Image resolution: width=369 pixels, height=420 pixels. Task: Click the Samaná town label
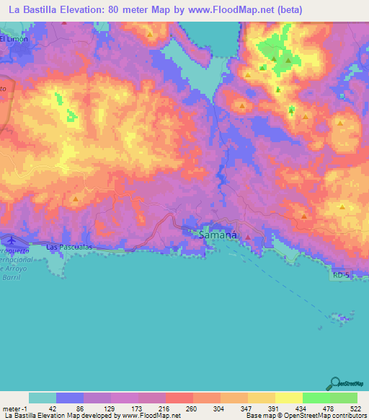point(218,235)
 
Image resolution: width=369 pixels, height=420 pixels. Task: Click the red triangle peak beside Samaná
point(248,236)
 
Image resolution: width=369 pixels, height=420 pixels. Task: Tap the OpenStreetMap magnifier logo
point(334,382)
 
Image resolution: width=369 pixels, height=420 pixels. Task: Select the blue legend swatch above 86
point(69,398)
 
